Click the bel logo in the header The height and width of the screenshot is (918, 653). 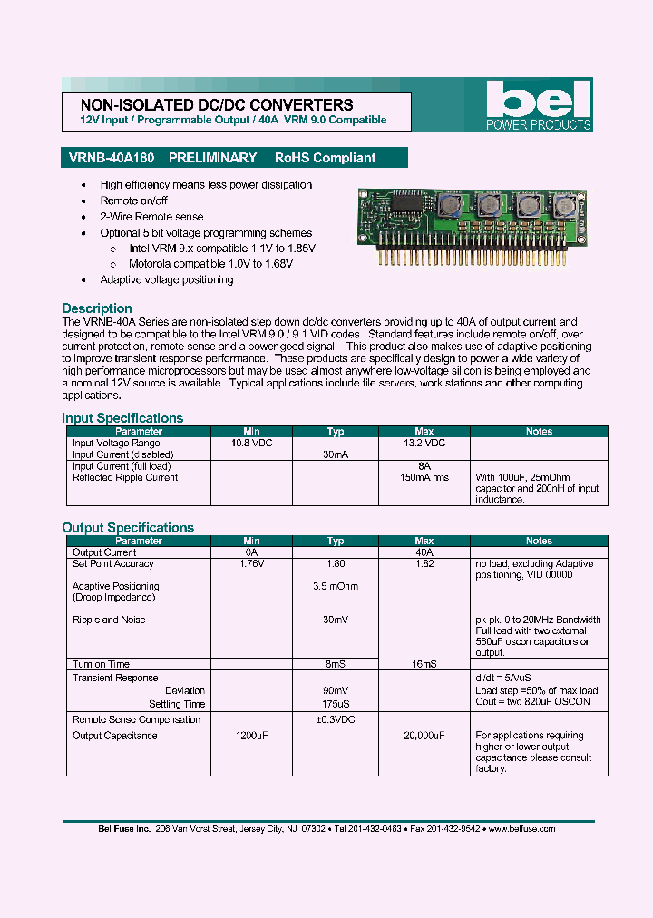(539, 105)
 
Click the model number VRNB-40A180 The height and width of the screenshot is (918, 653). (112, 158)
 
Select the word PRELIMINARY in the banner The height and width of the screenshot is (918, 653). (212, 158)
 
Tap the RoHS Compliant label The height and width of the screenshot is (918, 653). (325, 158)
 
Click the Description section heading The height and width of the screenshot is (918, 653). (97, 308)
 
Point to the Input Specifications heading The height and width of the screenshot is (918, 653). (122, 418)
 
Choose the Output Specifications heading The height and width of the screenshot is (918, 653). (128, 528)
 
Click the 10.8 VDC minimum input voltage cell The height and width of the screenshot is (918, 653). (251, 444)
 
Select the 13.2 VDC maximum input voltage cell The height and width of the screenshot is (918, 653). (424, 444)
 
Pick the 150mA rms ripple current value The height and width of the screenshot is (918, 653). (424, 477)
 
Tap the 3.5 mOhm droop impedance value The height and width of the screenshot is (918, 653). (336, 586)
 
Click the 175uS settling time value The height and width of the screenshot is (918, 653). (336, 704)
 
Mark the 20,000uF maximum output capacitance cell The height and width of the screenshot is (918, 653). (424, 736)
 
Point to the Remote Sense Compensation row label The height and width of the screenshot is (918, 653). (136, 719)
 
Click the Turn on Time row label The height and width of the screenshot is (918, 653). (101, 664)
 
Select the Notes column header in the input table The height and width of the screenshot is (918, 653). (539, 432)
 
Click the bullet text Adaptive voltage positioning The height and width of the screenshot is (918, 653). (166, 279)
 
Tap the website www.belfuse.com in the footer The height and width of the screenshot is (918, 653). (521, 828)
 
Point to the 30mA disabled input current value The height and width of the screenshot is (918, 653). (336, 454)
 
